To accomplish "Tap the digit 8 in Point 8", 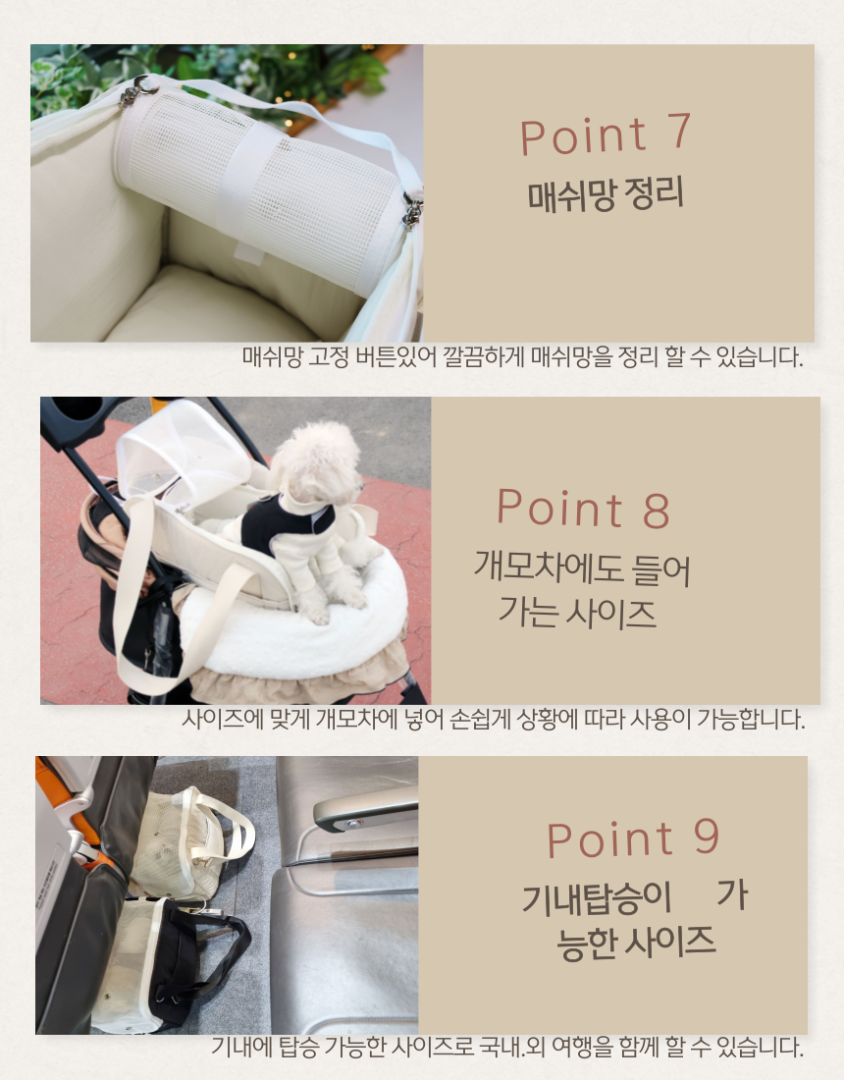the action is [656, 511].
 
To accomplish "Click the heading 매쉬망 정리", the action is [606, 194].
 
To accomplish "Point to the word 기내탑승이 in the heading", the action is [596, 898].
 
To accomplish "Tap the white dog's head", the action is [317, 462].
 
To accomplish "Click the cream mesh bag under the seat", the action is [185, 841].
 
